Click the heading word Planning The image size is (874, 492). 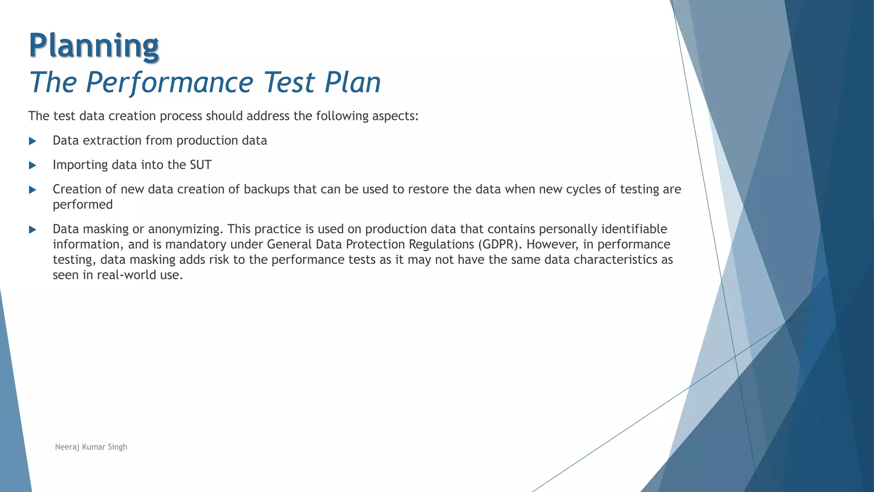[94, 46]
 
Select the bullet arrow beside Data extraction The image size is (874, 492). [32, 141]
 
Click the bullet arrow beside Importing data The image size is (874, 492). [32, 165]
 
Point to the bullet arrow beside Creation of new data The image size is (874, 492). [32, 190]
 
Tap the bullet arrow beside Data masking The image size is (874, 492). [32, 230]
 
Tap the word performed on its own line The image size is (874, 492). [83, 205]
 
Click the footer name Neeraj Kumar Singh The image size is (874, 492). [91, 447]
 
